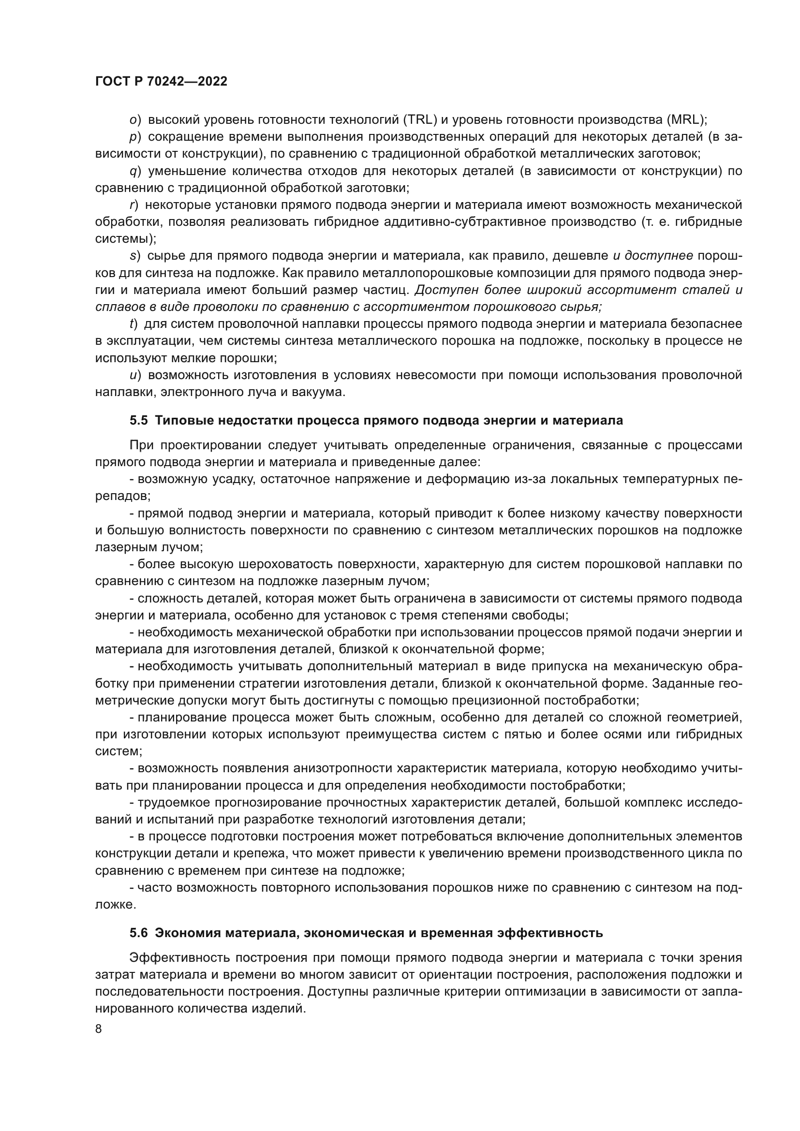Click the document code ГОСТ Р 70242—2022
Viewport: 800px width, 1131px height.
tap(161, 82)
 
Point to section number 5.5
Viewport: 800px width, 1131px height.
tap(139, 420)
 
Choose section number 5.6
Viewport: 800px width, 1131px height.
tap(139, 933)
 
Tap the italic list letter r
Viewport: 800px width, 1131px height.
tap(132, 205)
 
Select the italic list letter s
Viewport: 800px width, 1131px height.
tap(132, 256)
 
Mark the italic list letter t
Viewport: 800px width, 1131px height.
tap(132, 323)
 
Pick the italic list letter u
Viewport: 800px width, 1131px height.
tap(133, 375)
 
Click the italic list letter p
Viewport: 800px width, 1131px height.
tap(133, 137)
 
